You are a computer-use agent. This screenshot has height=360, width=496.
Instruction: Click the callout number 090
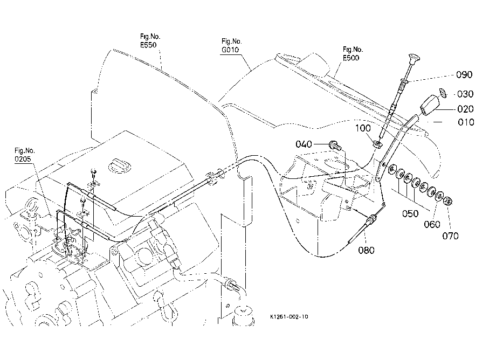point(464,75)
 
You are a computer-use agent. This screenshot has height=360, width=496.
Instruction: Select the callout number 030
point(465,94)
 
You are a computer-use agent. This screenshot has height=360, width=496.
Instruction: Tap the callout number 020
point(465,109)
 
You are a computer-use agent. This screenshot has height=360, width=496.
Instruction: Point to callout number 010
point(466,122)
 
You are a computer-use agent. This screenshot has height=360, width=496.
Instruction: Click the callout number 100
point(363,128)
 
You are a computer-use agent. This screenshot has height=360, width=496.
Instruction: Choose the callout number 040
point(304,144)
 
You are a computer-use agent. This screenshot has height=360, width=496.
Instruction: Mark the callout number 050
point(410,214)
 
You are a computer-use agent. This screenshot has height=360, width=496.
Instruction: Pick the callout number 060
point(432,224)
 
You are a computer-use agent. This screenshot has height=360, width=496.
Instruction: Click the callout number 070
point(450,236)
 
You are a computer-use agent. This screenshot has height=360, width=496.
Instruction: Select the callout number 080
point(366,250)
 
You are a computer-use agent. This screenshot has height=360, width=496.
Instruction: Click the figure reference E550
point(148,45)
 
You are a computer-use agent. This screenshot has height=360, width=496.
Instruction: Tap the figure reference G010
point(230,50)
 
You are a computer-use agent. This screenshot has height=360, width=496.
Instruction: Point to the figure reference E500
point(351,58)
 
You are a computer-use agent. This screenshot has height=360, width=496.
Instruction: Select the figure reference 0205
point(23,159)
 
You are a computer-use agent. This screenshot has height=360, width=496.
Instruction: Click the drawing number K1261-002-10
point(289,317)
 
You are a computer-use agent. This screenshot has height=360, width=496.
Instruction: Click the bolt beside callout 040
point(335,146)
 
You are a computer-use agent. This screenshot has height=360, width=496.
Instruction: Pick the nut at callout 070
point(447,200)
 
